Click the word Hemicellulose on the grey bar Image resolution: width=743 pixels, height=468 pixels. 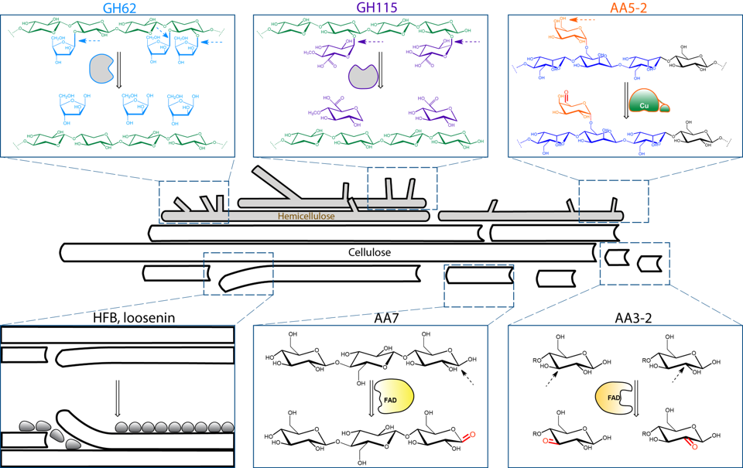pos(306,217)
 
